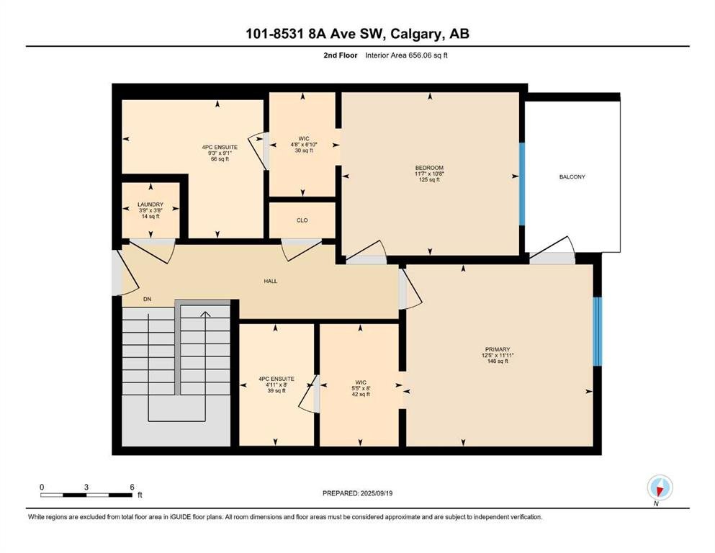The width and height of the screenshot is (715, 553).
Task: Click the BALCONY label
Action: pos(572,177)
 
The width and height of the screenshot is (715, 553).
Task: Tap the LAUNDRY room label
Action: pos(150,204)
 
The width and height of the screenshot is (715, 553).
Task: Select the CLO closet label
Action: pos(302,220)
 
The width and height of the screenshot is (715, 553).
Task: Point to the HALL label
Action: pos(271,282)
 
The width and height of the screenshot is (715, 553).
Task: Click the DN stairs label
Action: pos(147,299)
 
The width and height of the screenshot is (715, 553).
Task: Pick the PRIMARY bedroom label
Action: pos(497,349)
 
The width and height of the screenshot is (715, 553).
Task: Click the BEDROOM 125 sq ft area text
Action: pos(429,179)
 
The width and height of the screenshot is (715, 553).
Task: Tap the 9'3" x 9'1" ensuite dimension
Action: pos(220,153)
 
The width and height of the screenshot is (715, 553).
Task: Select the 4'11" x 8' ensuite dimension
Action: pos(276,385)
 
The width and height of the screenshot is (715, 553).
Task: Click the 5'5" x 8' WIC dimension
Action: pos(361,388)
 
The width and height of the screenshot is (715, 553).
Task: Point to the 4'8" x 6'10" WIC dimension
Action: pos(304,145)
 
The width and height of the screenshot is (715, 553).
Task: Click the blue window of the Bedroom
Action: pos(522,184)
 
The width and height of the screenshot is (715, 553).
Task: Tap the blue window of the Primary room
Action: pos(597,331)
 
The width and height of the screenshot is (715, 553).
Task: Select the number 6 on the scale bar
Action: pos(132,487)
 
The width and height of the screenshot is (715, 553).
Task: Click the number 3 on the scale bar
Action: pos(86,487)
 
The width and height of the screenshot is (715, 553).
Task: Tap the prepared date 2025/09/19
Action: pos(376,493)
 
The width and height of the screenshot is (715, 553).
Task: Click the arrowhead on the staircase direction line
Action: pos(205,314)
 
